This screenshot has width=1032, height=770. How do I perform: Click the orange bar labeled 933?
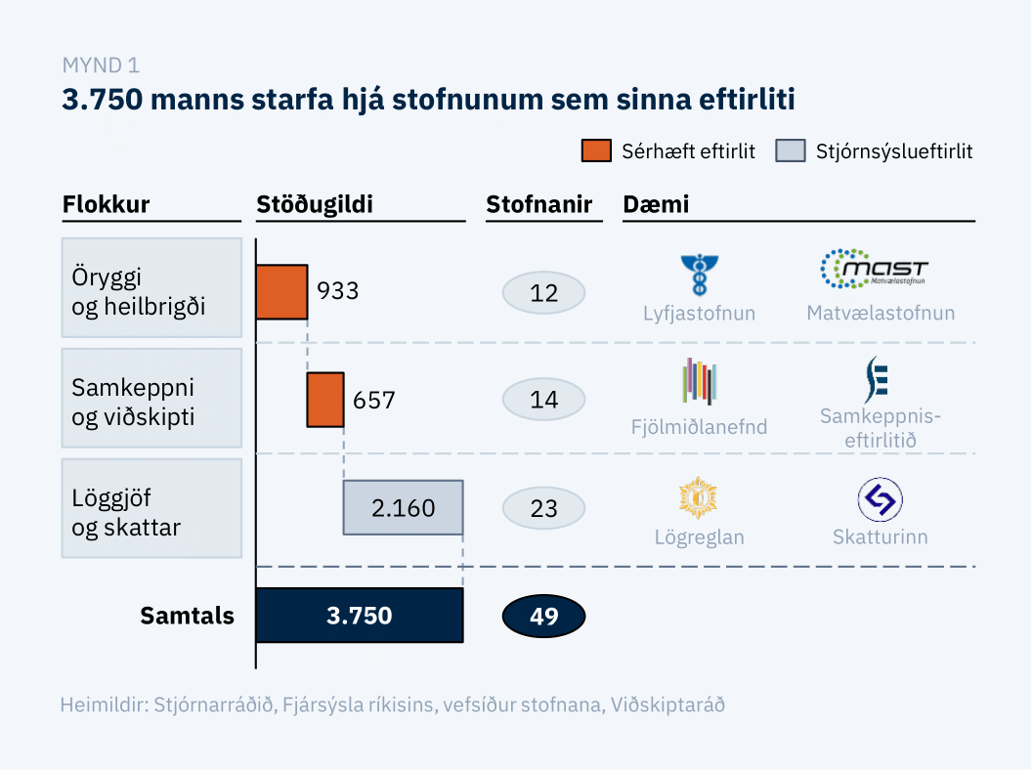(281, 291)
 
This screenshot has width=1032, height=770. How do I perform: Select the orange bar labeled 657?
(324, 399)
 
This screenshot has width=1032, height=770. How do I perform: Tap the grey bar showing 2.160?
(403, 507)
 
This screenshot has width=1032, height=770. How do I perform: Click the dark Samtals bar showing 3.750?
(359, 616)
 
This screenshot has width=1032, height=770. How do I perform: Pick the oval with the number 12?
(543, 292)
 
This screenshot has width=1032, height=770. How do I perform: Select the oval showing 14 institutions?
(543, 400)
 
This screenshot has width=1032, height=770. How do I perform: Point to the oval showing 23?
(543, 508)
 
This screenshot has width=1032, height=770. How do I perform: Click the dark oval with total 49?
(543, 616)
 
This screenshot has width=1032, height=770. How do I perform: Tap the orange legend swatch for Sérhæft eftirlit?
(596, 151)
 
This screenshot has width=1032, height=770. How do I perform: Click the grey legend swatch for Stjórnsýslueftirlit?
(791, 151)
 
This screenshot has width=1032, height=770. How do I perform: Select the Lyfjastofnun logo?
(699, 276)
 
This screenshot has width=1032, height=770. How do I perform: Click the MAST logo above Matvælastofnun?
(874, 269)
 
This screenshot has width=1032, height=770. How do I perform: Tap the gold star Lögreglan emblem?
(699, 497)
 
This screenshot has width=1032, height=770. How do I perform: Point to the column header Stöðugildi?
(315, 204)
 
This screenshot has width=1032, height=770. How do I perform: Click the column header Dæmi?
(656, 204)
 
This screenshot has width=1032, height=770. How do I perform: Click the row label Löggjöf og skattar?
(150, 508)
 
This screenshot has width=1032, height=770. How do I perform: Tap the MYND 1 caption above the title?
(100, 65)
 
